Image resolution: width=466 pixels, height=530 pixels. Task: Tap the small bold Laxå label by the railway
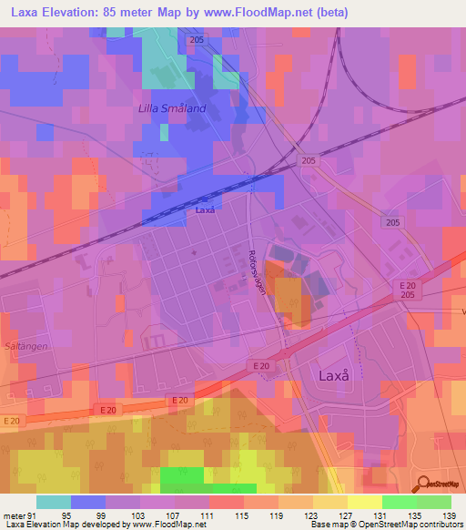[205, 210]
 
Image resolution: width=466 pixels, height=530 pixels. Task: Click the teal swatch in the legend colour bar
[54, 501]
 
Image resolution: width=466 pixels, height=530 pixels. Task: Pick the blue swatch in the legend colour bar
[88, 501]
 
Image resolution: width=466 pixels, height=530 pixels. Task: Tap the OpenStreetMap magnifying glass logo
[421, 485]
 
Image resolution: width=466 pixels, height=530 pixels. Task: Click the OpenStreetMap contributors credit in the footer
[409, 525]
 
